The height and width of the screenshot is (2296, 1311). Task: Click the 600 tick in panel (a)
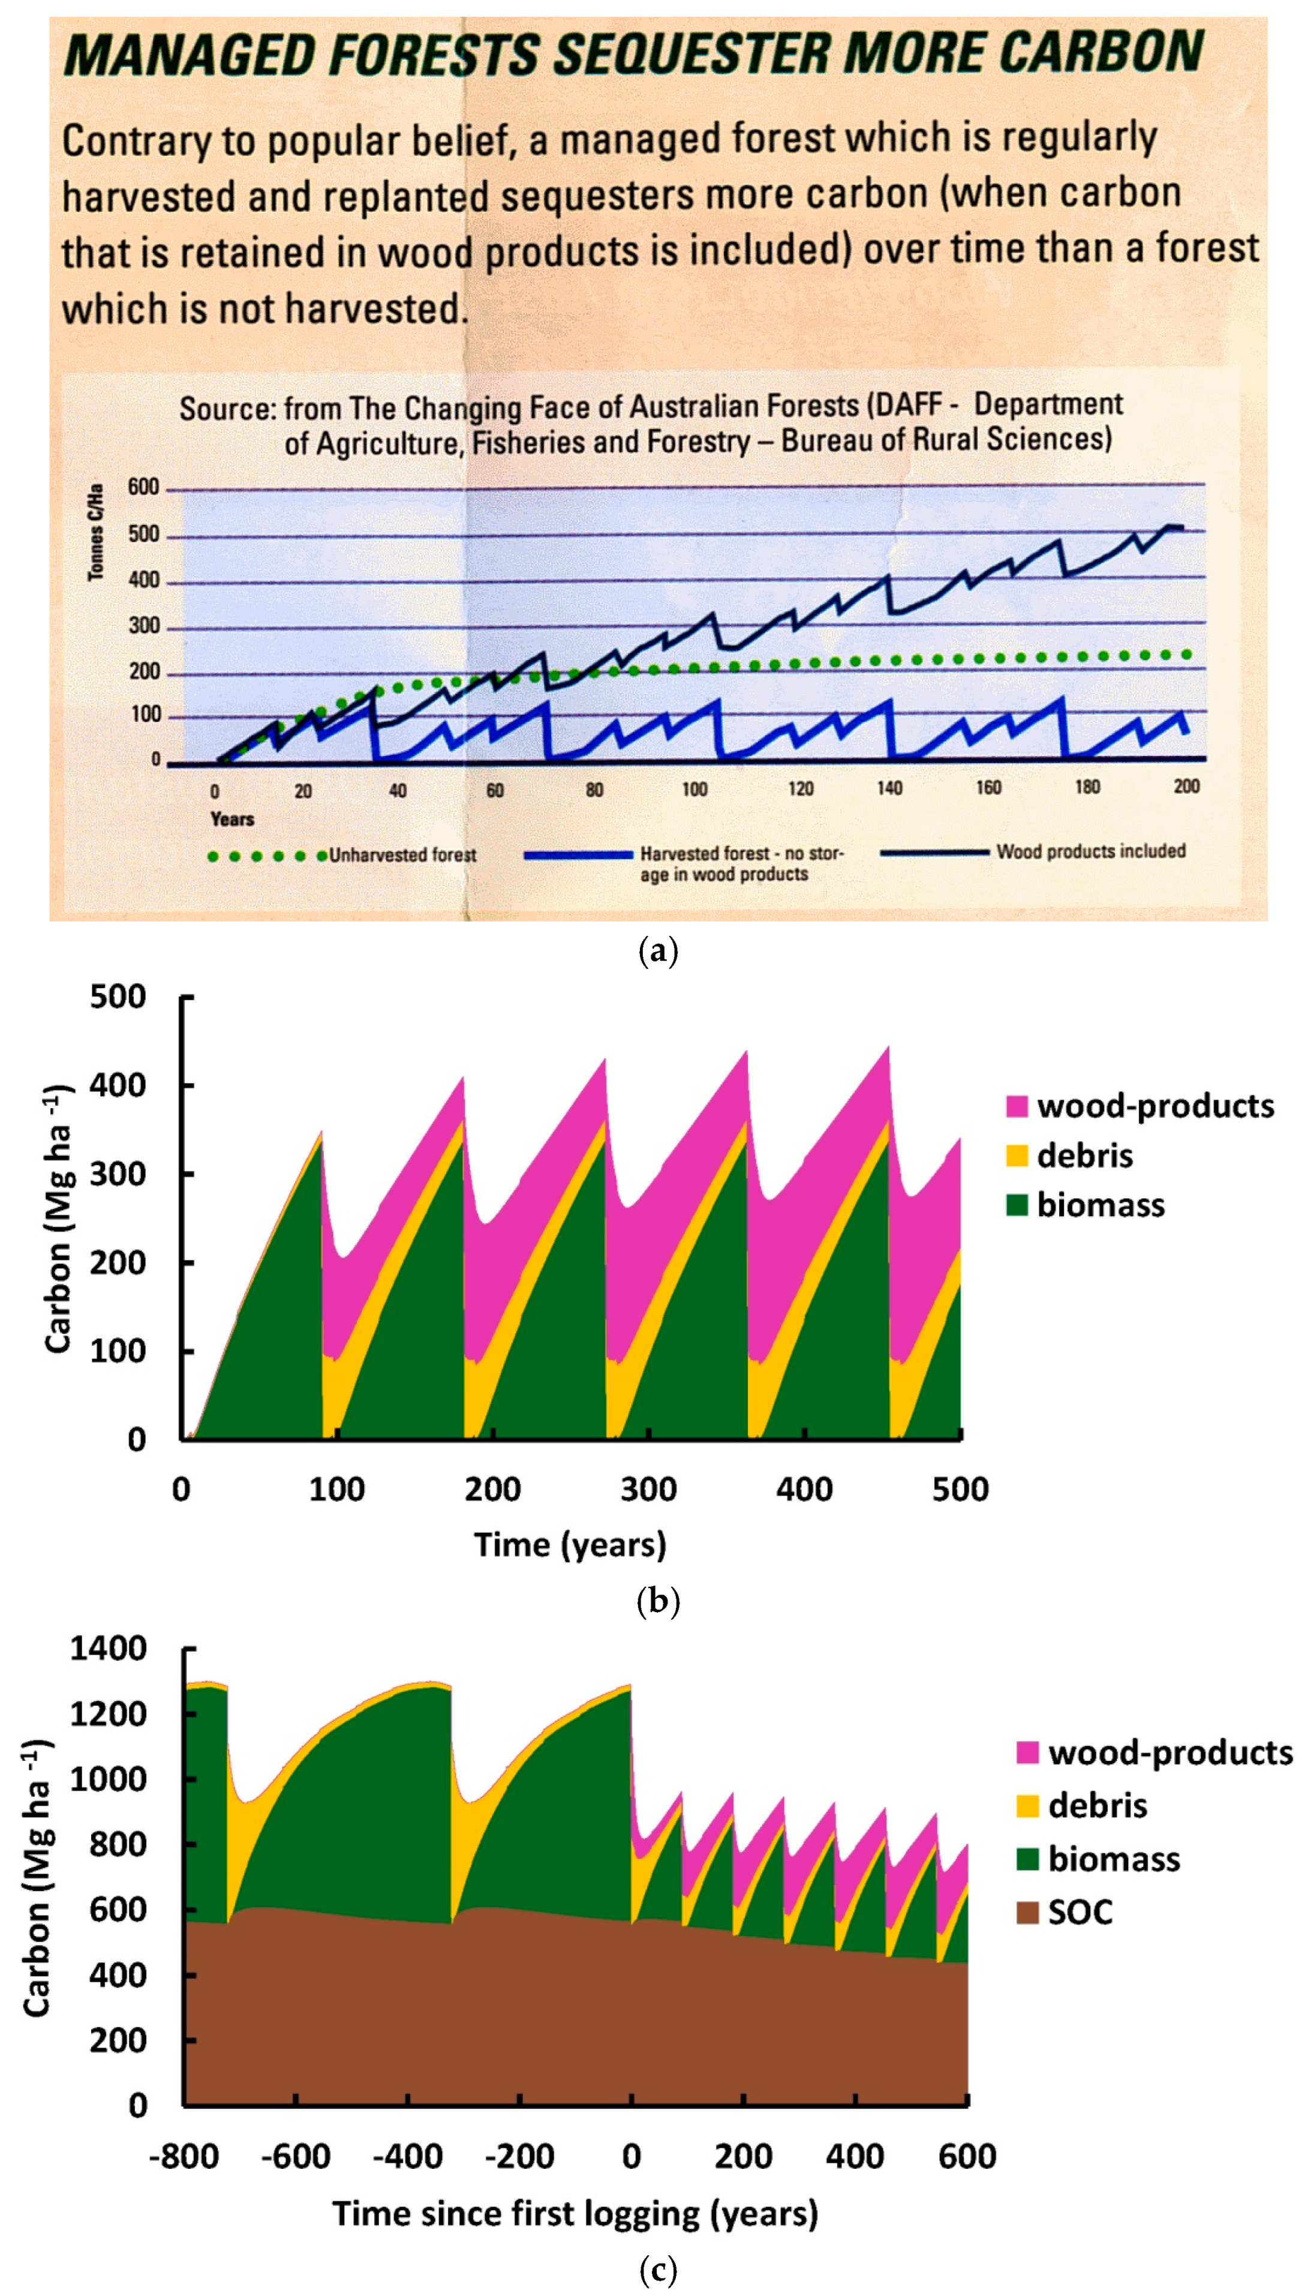143,487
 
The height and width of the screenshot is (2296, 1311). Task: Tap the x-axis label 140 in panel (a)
889,788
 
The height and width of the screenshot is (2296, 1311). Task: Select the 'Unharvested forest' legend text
402,855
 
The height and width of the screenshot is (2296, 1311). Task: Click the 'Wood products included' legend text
1090,851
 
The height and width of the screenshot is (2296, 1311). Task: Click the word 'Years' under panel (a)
231,819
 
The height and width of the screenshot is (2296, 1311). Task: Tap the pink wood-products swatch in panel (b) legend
1017,1106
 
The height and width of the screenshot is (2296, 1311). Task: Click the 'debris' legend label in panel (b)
1085,1155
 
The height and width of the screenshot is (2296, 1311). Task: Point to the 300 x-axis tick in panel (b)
648,1489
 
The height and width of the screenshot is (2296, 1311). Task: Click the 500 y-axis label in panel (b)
118,997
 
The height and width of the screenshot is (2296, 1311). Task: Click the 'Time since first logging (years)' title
575,2213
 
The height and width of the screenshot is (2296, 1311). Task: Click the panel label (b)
657,1601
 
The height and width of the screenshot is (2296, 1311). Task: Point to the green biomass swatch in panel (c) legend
1027,1859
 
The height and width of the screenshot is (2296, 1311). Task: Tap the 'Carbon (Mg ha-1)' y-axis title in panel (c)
38,1878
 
